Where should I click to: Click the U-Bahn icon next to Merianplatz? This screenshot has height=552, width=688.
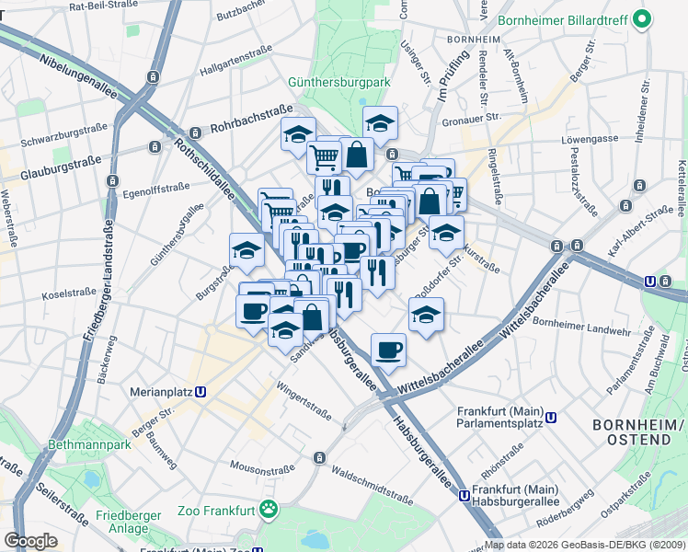click(201, 391)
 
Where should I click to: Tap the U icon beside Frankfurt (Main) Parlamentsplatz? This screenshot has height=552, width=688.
click(551, 417)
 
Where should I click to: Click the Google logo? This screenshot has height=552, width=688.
click(30, 541)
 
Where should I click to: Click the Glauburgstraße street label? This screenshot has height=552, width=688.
click(60, 167)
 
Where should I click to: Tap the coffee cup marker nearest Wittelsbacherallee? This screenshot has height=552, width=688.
click(387, 350)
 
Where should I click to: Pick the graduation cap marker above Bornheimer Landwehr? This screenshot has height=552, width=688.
click(426, 315)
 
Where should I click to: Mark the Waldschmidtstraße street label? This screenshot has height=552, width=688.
click(373, 484)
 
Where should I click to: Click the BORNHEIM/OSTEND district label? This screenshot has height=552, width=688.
click(638, 432)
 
